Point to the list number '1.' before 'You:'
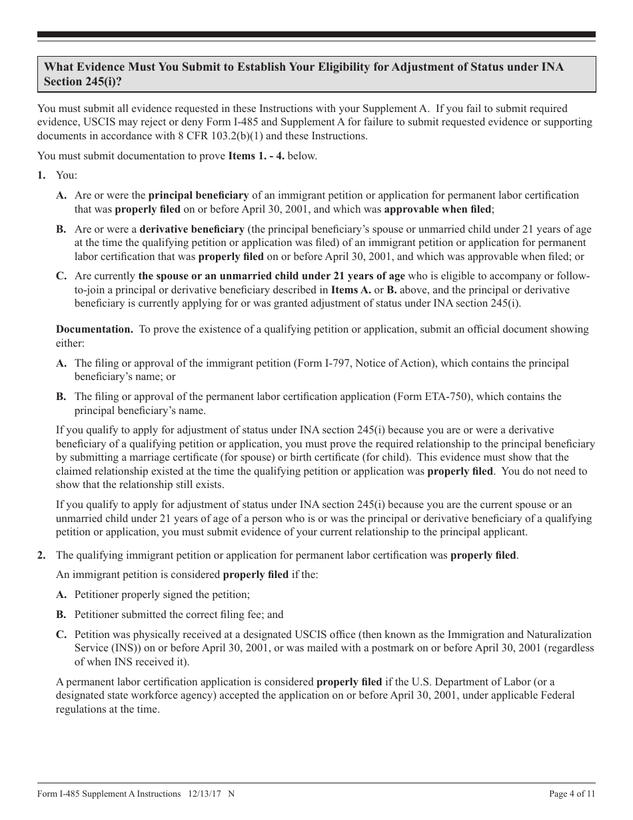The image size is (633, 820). click(41, 175)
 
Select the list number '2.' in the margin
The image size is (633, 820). click(41, 555)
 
